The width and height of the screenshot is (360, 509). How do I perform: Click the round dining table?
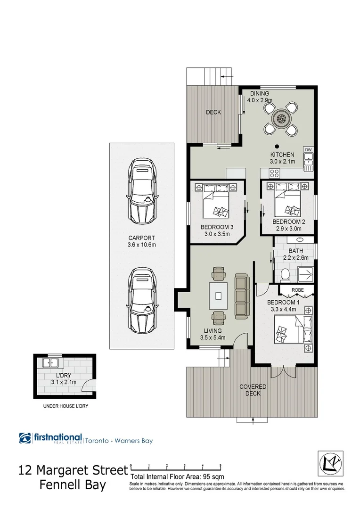281,118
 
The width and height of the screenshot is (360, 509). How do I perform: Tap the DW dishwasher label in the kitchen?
309,150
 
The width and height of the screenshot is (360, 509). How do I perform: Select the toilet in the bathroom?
284,274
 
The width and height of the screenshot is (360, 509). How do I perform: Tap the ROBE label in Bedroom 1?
297,290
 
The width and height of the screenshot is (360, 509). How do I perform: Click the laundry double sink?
49,363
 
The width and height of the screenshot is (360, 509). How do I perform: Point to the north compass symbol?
328,460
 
